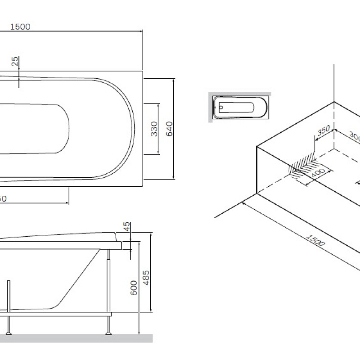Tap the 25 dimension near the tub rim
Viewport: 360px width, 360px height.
click(16, 62)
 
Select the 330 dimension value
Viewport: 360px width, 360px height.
click(154, 129)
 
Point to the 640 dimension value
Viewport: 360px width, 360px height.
click(169, 129)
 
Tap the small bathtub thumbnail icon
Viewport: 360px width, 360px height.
click(240, 108)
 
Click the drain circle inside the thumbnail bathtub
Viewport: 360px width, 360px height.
click(221, 108)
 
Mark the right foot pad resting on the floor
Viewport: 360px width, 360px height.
click(108, 333)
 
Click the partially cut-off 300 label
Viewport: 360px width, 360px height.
click(355, 137)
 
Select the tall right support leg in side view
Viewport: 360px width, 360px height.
click(108, 288)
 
